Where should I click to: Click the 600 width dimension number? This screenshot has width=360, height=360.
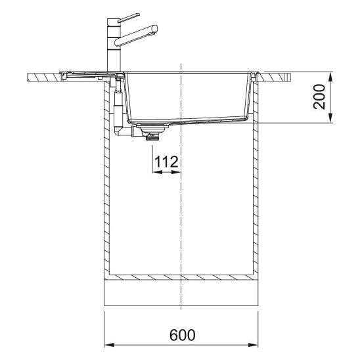183,335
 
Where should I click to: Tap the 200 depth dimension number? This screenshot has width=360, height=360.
319,97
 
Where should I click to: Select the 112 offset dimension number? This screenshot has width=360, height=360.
166,162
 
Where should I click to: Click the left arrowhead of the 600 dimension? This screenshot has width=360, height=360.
109,345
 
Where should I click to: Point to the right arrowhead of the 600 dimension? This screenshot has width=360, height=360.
253,345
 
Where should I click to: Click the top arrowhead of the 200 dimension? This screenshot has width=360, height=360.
330,77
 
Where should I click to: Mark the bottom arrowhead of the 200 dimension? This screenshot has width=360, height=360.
330,118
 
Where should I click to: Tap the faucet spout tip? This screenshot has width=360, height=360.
154,29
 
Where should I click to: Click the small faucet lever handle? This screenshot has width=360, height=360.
128,18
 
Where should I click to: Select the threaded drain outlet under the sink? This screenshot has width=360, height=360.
152,137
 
